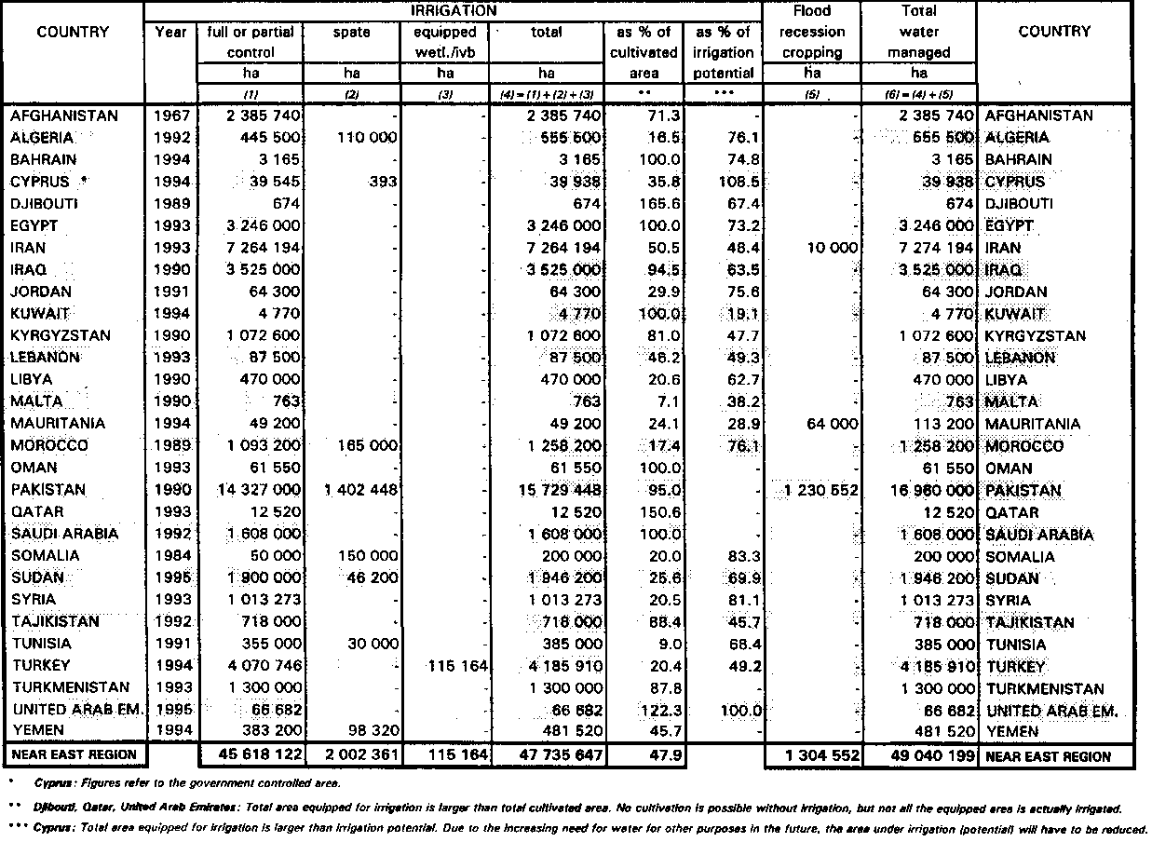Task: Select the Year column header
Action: (170, 33)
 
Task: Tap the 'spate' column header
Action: (351, 33)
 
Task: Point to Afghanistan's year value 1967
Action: (171, 116)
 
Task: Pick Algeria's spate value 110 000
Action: (364, 138)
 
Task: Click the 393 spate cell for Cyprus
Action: (382, 182)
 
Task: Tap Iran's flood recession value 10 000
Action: (826, 248)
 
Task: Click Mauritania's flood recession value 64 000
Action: (826, 424)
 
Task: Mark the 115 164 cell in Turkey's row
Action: (457, 667)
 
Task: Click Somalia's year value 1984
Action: (171, 556)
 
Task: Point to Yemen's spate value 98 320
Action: (370, 732)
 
